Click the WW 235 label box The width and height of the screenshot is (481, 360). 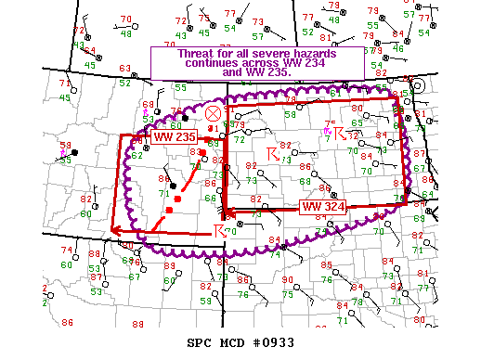point(174,137)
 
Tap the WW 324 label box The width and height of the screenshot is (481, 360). point(322,207)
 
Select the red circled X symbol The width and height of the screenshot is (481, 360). point(213,112)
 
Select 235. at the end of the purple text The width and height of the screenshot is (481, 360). point(287,74)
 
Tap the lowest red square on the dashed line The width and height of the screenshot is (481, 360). point(169,212)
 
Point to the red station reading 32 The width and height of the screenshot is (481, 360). point(352,135)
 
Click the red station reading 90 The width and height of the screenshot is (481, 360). point(288,280)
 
